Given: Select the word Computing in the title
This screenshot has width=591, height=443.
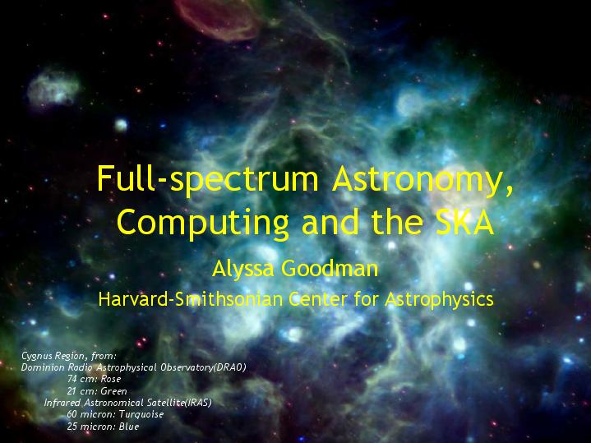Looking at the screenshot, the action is [203, 224].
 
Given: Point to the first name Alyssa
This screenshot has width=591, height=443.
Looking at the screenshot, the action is [244, 270].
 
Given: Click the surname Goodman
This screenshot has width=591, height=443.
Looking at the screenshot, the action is [330, 268].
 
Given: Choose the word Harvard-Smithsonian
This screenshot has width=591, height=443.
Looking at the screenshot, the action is [191, 299].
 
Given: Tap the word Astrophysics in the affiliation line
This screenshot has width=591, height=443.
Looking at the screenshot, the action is [439, 300].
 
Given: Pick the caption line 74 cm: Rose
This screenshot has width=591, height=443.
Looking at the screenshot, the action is [94, 379].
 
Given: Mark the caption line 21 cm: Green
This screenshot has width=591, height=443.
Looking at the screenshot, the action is [97, 391].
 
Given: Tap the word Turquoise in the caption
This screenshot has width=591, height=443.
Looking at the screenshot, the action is [141, 414].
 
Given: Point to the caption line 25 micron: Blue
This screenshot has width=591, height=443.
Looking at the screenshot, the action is [103, 427].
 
